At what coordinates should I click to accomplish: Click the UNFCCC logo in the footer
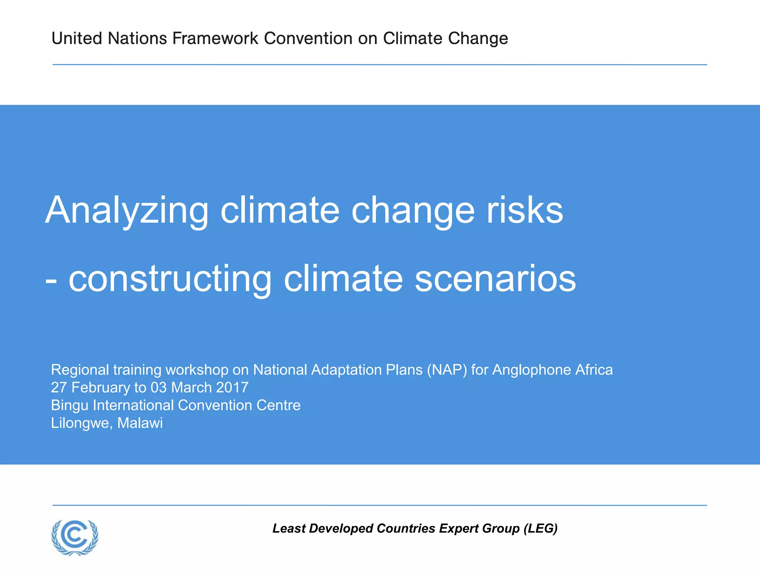(x=75, y=537)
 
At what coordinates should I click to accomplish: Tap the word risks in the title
(x=525, y=210)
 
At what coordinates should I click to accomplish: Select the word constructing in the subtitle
(x=170, y=279)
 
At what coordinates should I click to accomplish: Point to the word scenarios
(x=495, y=279)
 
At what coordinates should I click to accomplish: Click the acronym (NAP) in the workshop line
(x=446, y=370)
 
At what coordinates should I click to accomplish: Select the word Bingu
(x=69, y=406)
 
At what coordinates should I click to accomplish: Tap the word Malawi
(x=140, y=423)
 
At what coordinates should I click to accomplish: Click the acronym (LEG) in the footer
(x=540, y=528)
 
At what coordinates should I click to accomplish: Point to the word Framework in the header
(x=215, y=39)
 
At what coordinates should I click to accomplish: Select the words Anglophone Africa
(x=552, y=370)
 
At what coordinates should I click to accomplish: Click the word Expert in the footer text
(x=458, y=528)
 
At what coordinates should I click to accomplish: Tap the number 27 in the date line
(x=59, y=387)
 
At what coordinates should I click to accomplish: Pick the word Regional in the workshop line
(x=80, y=370)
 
